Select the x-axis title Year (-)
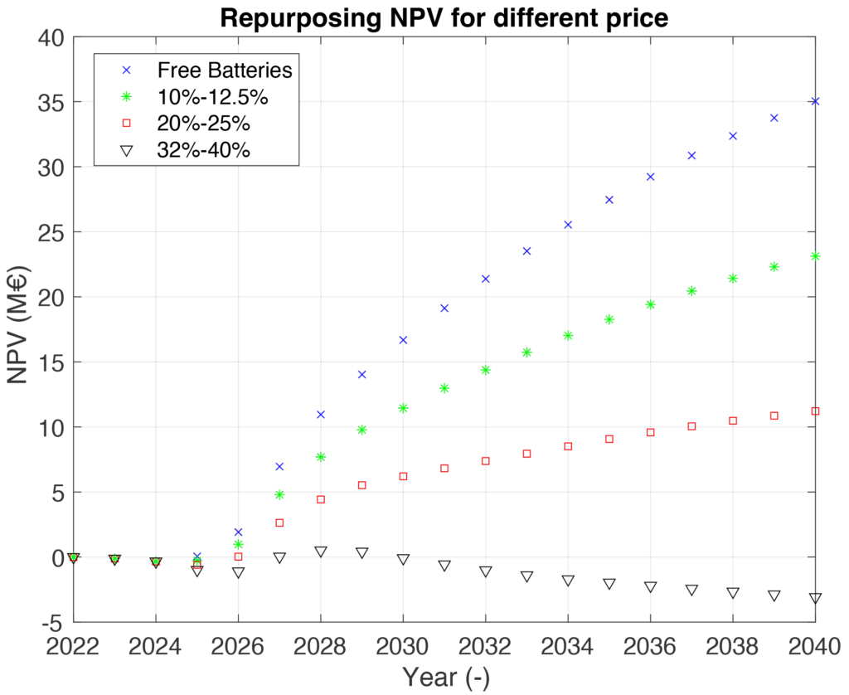tap(445, 677)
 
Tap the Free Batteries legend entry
tap(225, 70)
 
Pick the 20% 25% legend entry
tap(204, 124)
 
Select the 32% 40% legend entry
tap(204, 150)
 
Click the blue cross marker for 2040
tap(815, 101)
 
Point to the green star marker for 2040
tap(815, 256)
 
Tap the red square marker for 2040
tap(815, 411)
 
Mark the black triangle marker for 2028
tap(321, 552)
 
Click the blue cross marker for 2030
tap(403, 340)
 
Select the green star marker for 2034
tap(568, 336)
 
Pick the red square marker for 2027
tap(279, 523)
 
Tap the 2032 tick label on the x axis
tap(486, 646)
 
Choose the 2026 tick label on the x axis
tap(238, 646)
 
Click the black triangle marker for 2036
tap(651, 587)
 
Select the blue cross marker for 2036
tap(651, 177)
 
